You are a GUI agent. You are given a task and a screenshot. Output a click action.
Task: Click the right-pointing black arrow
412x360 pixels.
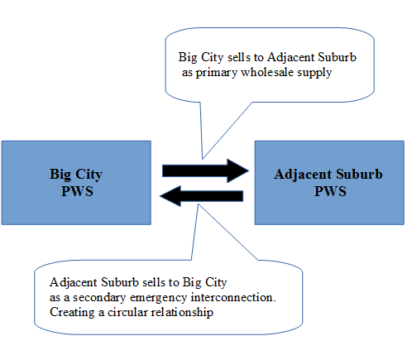(x=205, y=170)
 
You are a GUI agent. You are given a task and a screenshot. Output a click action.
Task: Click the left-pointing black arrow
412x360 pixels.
(x=201, y=196)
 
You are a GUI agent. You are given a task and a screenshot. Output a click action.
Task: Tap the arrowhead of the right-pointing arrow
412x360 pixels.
(x=237, y=170)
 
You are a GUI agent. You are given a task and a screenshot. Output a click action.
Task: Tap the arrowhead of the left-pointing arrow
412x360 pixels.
(x=170, y=196)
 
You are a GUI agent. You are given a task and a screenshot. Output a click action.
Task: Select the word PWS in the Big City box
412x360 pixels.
(x=77, y=191)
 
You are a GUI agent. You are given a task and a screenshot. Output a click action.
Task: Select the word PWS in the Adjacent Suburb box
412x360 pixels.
(x=330, y=191)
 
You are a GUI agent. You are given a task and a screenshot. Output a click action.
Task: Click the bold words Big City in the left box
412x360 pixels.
(x=76, y=175)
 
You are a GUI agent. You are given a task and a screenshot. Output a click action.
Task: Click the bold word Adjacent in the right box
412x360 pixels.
(x=303, y=175)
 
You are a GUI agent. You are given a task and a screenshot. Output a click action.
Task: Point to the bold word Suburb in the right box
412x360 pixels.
(x=359, y=174)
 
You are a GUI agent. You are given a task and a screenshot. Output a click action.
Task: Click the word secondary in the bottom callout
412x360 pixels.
(x=99, y=298)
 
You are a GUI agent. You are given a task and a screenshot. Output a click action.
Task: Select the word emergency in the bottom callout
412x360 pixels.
(x=158, y=298)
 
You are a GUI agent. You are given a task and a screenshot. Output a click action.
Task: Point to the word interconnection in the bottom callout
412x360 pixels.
(x=233, y=297)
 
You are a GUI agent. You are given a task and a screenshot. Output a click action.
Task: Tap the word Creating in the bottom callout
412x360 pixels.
(x=72, y=313)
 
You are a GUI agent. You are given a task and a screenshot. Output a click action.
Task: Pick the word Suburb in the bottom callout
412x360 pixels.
(x=120, y=282)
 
